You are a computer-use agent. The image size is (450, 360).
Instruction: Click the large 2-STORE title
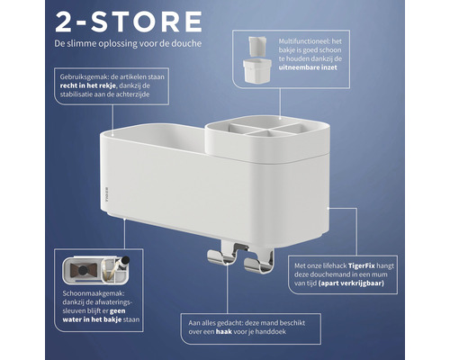[x=129, y=22]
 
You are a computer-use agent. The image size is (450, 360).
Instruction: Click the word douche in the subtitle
[x=186, y=43]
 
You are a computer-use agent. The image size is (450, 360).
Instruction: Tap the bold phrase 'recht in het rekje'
[x=88, y=85]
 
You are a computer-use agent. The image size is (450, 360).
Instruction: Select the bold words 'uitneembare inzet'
[x=308, y=67]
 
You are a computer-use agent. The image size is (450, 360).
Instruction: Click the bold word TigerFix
[x=362, y=265]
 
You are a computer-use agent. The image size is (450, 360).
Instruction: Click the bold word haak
[x=224, y=332]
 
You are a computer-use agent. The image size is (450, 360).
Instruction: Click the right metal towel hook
[x=258, y=262]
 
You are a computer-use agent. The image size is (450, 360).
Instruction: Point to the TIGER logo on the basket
[x=106, y=194]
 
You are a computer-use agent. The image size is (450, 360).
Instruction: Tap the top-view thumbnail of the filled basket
[x=96, y=270]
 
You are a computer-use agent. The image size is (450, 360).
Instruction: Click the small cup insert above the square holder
[x=256, y=46]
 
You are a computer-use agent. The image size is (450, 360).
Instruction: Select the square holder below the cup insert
[x=257, y=71]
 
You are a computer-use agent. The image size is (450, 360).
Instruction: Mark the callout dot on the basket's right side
[x=328, y=208]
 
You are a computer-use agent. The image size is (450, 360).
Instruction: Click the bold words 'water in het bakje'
[x=92, y=319]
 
